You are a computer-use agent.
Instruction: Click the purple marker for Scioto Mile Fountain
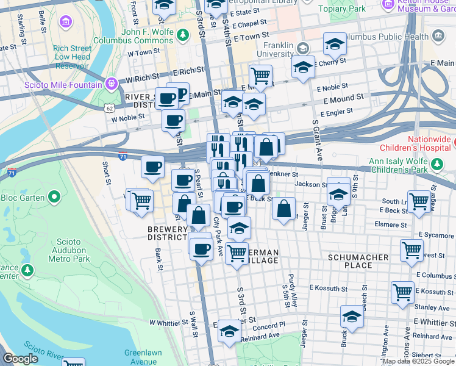pos(110,83)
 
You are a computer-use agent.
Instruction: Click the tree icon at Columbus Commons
pos(182,34)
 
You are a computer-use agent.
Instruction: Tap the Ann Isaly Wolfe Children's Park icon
pos(436,163)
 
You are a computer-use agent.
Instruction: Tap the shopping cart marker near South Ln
pos(419,201)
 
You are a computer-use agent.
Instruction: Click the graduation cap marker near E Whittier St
pos(352,317)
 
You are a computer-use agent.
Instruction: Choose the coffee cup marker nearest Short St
pos(152,165)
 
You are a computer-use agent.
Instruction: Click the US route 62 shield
pos(109,107)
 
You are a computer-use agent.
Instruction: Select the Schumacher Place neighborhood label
pos(358,261)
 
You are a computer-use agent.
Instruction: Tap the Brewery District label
pos(168,233)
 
